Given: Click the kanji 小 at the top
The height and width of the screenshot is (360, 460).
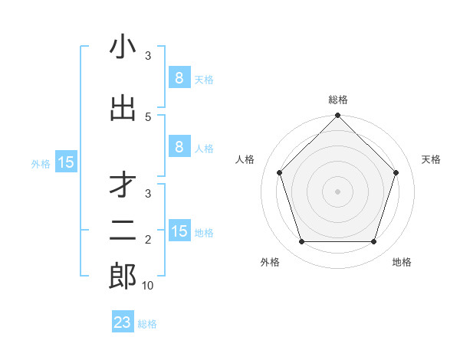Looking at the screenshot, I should [x=123, y=47].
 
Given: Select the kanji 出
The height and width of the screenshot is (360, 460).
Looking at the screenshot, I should [x=123, y=107].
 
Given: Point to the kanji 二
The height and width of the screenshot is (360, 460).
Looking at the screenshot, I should [x=123, y=230].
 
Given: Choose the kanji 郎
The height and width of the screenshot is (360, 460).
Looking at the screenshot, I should [x=123, y=276].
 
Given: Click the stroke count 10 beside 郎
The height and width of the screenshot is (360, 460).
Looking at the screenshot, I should [x=148, y=286].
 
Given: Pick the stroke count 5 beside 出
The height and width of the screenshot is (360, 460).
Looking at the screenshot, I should [x=148, y=116].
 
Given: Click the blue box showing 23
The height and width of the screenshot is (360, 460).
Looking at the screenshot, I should [x=123, y=322].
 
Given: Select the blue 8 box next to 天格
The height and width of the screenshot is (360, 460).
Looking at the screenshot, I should [x=179, y=78].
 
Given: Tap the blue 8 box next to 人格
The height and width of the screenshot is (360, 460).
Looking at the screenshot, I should [x=179, y=147].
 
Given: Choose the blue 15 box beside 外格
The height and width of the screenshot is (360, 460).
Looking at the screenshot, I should [x=66, y=162].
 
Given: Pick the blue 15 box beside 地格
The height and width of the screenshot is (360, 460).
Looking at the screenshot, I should [x=179, y=231].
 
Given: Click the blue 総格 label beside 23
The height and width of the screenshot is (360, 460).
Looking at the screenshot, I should [x=147, y=324].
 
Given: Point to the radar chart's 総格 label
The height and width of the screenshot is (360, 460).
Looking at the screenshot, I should [x=338, y=100].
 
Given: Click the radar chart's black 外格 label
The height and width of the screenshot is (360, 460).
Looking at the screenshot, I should [x=270, y=262].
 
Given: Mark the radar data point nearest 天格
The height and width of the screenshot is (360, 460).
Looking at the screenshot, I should [x=396, y=172].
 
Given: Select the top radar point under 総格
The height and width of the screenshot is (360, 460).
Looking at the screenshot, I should [x=338, y=116].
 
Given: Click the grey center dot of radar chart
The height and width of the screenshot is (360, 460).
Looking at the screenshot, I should [x=338, y=191].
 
